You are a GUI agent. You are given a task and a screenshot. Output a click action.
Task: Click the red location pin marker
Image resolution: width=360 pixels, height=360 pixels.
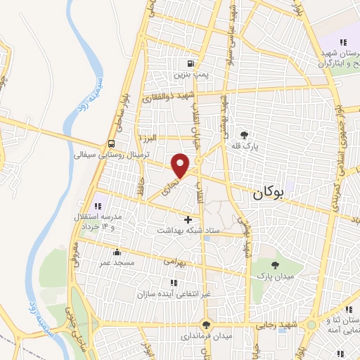[181, 165]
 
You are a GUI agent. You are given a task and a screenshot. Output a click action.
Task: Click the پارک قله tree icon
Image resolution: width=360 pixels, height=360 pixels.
[244, 135]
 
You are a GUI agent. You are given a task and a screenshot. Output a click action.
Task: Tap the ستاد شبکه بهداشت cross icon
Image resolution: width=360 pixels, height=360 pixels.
[187, 219]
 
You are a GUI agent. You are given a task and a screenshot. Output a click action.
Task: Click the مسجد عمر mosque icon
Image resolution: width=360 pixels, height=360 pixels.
[116, 252]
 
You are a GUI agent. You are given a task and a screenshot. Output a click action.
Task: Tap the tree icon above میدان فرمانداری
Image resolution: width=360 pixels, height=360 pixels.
[205, 324]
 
